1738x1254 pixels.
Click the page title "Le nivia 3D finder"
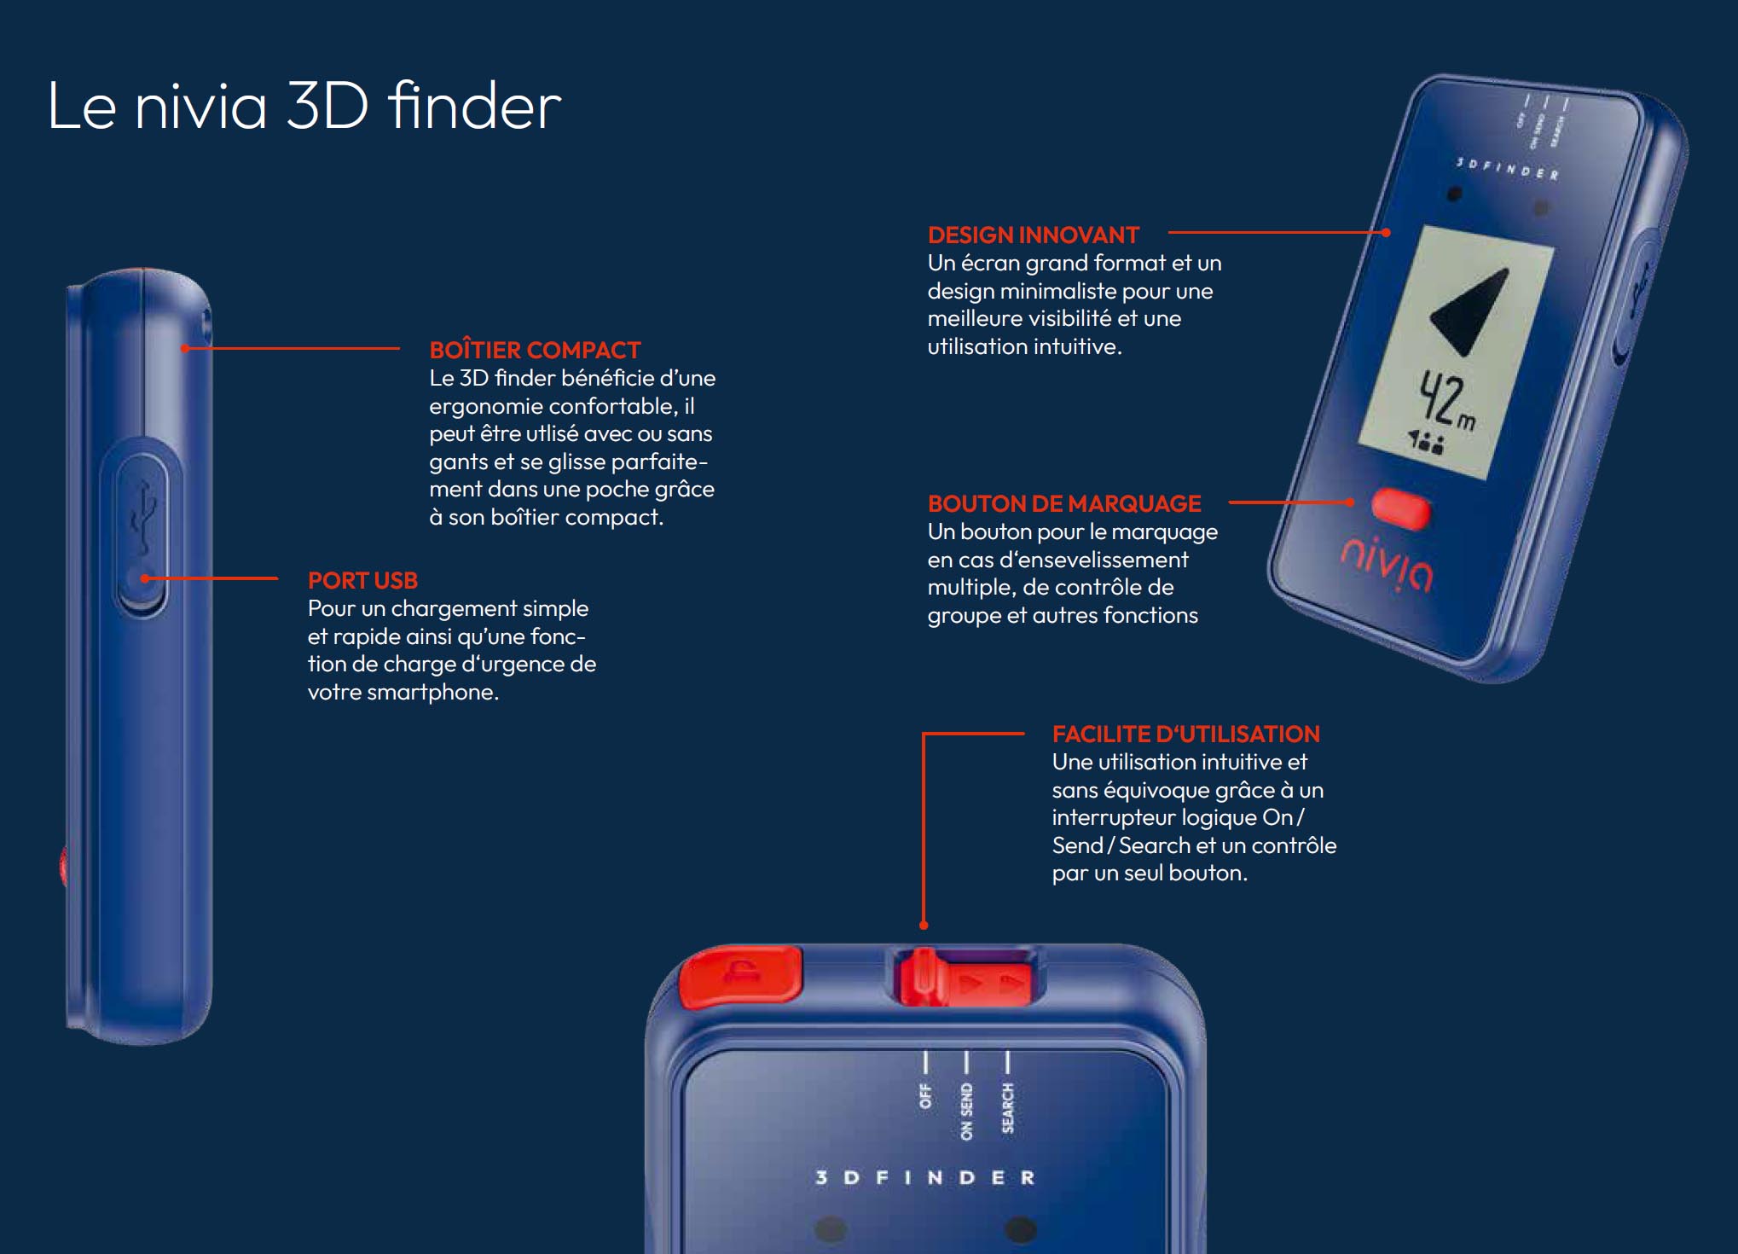pyautogui.click(x=304, y=106)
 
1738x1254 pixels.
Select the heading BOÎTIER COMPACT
pyautogui.click(x=535, y=350)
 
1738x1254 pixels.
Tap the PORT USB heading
pyautogui.click(x=362, y=580)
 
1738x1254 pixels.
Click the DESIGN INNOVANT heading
pyautogui.click(x=1034, y=235)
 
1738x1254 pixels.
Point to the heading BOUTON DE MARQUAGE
pyautogui.click(x=1064, y=503)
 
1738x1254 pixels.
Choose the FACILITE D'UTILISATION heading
pyautogui.click(x=1185, y=734)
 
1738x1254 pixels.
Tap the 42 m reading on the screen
pyautogui.click(x=1446, y=401)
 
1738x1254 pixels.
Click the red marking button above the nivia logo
pyautogui.click(x=1401, y=508)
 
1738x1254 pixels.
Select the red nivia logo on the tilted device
pyautogui.click(x=1388, y=565)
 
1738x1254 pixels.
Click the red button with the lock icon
pyautogui.click(x=741, y=975)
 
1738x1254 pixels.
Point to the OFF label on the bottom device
pyautogui.click(x=925, y=1096)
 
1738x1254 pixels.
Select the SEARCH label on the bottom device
pyautogui.click(x=1008, y=1108)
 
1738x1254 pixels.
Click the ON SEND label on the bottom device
pyautogui.click(x=966, y=1112)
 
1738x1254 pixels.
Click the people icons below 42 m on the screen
pyautogui.click(x=1425, y=441)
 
